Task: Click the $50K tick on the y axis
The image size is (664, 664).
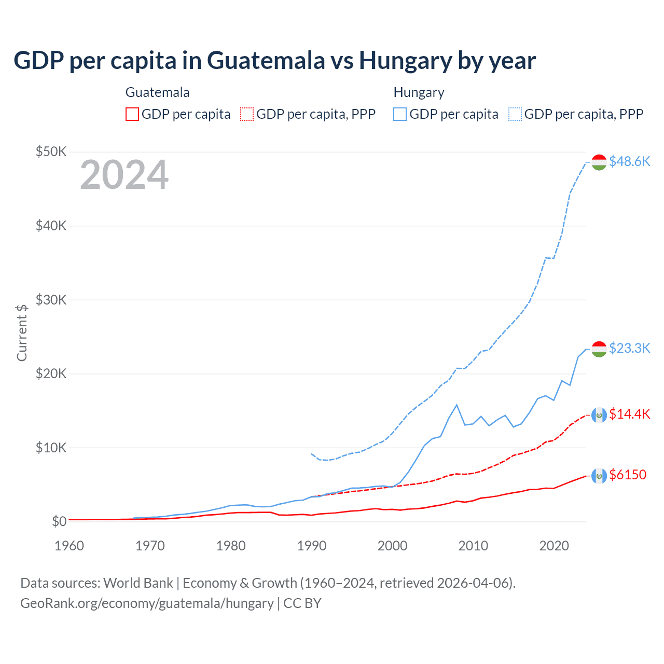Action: click(x=51, y=151)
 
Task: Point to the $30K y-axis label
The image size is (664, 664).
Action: click(x=51, y=300)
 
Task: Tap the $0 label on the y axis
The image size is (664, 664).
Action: click(x=59, y=521)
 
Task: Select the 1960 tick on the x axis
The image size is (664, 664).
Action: click(x=69, y=545)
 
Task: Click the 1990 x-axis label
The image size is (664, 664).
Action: click(x=312, y=545)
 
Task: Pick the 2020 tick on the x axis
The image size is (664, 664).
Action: click(x=554, y=545)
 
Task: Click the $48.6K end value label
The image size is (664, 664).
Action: click(x=629, y=161)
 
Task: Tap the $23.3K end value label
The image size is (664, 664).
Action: click(x=629, y=348)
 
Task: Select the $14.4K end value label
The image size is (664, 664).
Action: click(x=629, y=413)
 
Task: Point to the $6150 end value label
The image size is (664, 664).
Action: click(x=628, y=475)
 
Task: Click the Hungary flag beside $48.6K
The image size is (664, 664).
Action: click(x=599, y=162)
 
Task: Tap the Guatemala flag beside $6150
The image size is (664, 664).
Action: click(x=599, y=475)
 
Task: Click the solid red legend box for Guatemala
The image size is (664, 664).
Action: click(x=132, y=114)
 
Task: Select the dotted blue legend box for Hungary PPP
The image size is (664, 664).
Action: click(x=515, y=114)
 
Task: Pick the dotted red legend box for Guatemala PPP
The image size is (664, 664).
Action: click(x=247, y=114)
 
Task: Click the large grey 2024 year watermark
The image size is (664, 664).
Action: click(x=124, y=175)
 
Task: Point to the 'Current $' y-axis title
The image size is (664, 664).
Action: click(x=22, y=333)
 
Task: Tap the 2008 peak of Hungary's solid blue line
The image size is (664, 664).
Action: click(x=457, y=405)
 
